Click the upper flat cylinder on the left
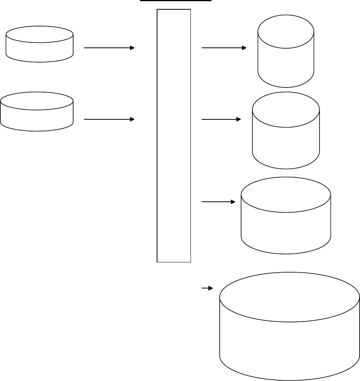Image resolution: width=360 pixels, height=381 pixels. pyautogui.click(x=40, y=44)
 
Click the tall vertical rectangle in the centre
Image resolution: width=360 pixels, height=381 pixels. pyautogui.click(x=174, y=136)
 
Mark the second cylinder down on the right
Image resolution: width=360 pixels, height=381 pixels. pyautogui.click(x=286, y=130)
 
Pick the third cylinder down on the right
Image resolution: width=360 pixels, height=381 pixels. pyautogui.click(x=286, y=216)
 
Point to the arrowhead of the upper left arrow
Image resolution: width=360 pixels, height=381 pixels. pyautogui.click(x=132, y=48)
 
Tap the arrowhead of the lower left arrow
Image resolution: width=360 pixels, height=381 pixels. pyautogui.click(x=132, y=119)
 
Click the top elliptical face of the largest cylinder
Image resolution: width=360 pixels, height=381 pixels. pyautogui.click(x=289, y=297)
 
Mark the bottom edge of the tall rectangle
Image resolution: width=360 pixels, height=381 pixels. pyautogui.click(x=174, y=262)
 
